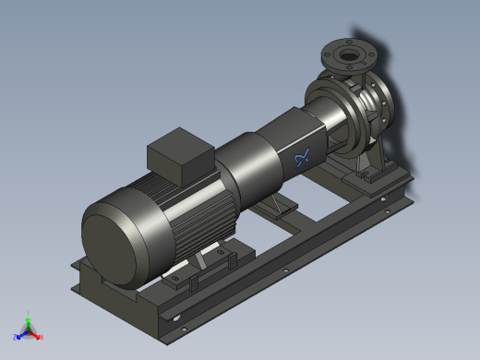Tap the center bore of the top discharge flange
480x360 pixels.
pos(350,56)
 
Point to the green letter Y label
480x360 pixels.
pos(29,313)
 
